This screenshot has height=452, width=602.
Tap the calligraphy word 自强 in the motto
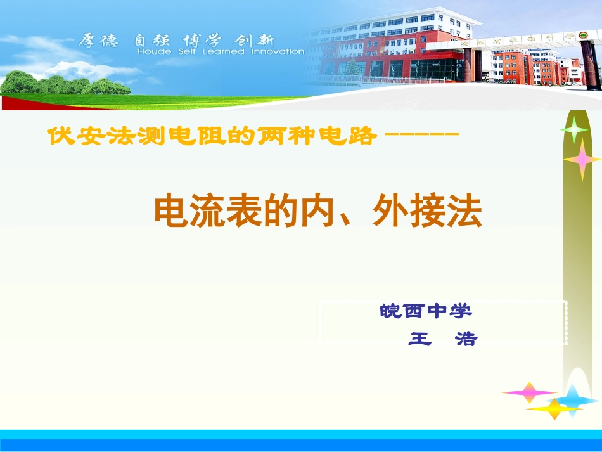click(152, 41)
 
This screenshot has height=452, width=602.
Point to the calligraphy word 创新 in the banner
click(253, 41)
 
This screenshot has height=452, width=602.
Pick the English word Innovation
click(278, 52)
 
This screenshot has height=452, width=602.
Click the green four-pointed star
click(574, 131)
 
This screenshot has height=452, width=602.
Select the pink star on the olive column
click(582, 159)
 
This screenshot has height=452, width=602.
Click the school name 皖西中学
click(426, 311)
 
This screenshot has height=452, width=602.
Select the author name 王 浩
click(442, 339)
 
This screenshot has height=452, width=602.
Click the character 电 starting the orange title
click(169, 212)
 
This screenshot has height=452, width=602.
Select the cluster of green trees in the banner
click(63, 84)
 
